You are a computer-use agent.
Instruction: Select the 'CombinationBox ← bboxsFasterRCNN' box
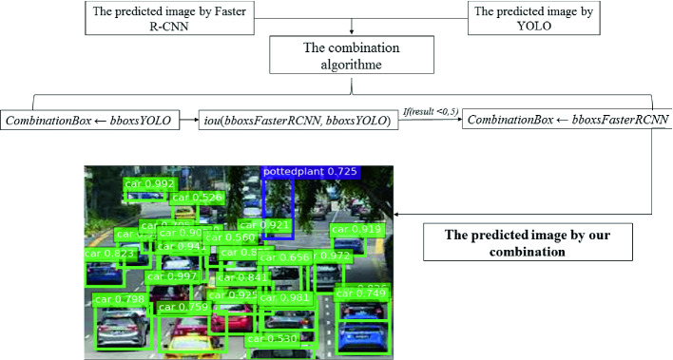567,121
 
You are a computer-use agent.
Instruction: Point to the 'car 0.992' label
149,184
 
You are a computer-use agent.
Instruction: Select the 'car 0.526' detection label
197,198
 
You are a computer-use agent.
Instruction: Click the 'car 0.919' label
356,230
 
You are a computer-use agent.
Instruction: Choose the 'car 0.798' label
119,299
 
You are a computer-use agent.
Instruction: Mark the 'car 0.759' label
183,307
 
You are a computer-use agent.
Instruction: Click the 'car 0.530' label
272,338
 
